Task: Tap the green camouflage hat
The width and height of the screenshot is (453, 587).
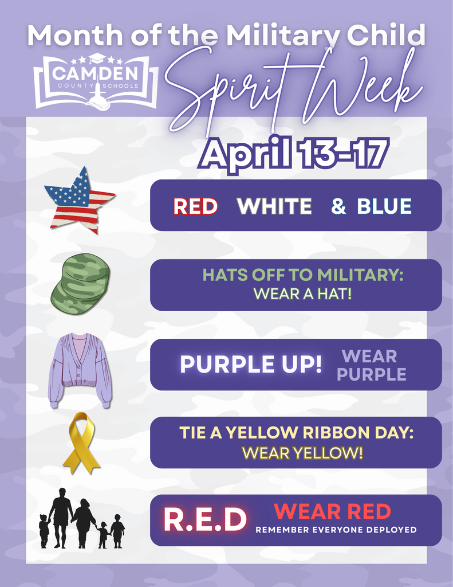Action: pos(81,283)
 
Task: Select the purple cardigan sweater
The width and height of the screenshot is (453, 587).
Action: pos(79,370)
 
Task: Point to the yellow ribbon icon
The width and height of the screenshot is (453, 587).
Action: pos(81,443)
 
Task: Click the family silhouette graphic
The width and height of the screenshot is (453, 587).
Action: pos(81,519)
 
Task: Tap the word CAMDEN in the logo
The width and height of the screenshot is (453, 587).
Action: pos(95,73)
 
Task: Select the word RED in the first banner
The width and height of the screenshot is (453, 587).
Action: pos(195,206)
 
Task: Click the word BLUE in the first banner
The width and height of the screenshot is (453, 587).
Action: pos(384,206)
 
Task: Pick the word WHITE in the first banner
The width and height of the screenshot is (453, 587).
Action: pos(274,206)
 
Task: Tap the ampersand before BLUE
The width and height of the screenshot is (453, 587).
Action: pos(338,206)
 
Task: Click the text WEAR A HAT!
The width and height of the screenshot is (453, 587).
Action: pos(302,295)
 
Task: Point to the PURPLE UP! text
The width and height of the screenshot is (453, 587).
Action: pos(251,365)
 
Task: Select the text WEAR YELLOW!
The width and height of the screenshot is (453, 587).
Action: pos(302,453)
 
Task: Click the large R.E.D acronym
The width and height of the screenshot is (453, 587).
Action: pos(204,519)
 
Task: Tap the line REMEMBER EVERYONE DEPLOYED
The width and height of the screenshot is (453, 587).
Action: pos(336,530)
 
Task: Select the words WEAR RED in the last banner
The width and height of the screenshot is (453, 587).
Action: pos(332,511)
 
